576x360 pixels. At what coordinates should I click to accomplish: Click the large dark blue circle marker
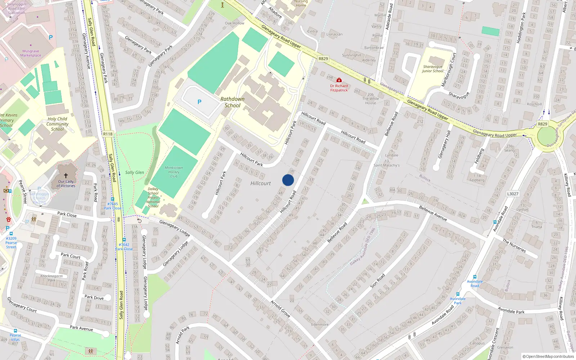click(x=288, y=180)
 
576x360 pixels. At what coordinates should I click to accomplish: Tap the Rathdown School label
click(x=232, y=102)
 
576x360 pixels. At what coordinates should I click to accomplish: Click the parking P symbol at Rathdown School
click(x=199, y=102)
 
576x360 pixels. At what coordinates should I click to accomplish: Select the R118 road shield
click(x=108, y=134)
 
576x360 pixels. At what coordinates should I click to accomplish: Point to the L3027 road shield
click(x=513, y=194)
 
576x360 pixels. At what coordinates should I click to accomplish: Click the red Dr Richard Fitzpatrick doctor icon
click(x=339, y=80)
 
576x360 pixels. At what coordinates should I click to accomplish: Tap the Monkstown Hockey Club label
click(x=174, y=172)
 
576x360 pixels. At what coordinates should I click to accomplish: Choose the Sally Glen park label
click(x=135, y=172)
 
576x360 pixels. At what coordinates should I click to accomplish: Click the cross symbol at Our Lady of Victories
click(x=66, y=176)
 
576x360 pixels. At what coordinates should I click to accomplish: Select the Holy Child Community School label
click(x=57, y=124)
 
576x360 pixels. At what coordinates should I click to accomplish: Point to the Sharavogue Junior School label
click(x=433, y=69)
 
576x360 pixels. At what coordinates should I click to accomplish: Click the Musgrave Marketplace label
click(x=31, y=53)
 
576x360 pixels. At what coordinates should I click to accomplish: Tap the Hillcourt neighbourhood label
click(x=260, y=184)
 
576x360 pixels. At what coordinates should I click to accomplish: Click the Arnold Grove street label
click(x=280, y=309)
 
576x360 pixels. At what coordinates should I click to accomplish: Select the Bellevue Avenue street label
click(x=433, y=213)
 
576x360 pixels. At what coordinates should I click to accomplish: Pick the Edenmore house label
click(x=320, y=324)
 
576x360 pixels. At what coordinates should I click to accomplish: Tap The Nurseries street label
click(x=514, y=246)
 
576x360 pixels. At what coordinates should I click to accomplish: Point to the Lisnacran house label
click(x=334, y=35)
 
